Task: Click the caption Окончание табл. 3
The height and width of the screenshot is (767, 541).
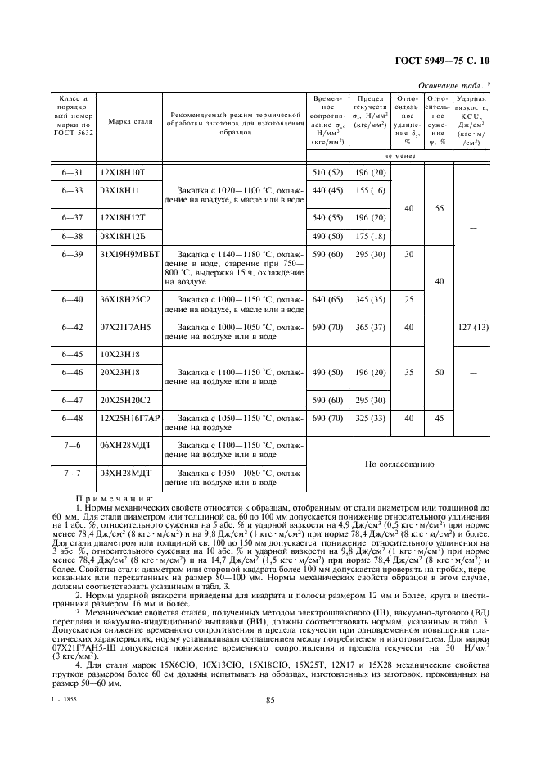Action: pos(454,85)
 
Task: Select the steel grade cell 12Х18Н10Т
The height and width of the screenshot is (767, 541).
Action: pos(122,172)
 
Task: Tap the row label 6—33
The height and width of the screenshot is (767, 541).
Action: pos(71,190)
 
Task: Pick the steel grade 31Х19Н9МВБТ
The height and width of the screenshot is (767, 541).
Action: pos(130,254)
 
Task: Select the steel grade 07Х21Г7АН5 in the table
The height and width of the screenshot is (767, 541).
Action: pos(127,327)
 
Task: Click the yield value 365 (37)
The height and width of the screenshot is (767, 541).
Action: pos(369,327)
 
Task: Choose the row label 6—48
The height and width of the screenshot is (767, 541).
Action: pos(71,418)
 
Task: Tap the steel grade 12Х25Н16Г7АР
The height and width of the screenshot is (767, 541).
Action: pos(130,418)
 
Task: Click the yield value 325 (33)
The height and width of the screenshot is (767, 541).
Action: pos(369,418)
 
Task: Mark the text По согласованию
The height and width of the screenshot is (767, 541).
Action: pos(399,463)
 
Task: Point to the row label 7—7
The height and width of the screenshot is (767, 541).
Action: pos(71,475)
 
